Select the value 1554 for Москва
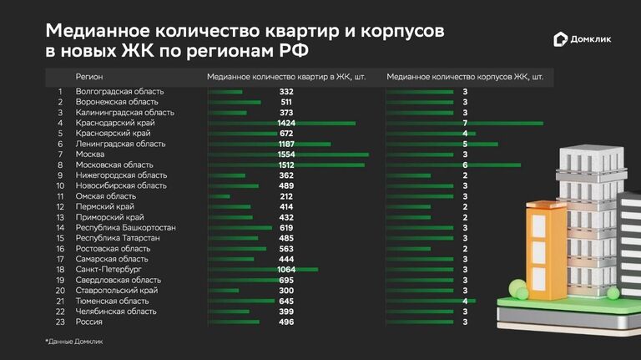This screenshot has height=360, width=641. (286, 155)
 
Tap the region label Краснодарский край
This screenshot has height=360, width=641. (115, 123)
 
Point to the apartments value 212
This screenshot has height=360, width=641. (286, 196)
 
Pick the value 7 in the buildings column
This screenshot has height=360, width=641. (464, 123)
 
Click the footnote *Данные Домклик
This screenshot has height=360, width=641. (75, 342)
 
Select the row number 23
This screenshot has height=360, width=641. (60, 322)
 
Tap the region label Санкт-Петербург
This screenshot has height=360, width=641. (109, 269)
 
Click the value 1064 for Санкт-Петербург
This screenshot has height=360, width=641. (286, 269)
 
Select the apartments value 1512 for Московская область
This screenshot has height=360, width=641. (286, 165)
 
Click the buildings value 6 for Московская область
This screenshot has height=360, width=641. (464, 165)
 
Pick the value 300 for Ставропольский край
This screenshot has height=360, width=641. (286, 290)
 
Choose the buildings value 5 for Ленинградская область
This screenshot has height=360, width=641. (464, 144)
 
